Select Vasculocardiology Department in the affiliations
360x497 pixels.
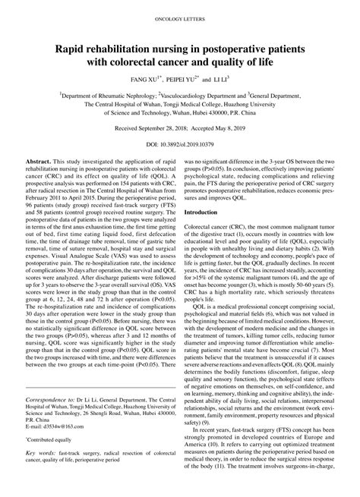point(197,97)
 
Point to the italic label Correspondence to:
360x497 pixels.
point(52,420)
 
